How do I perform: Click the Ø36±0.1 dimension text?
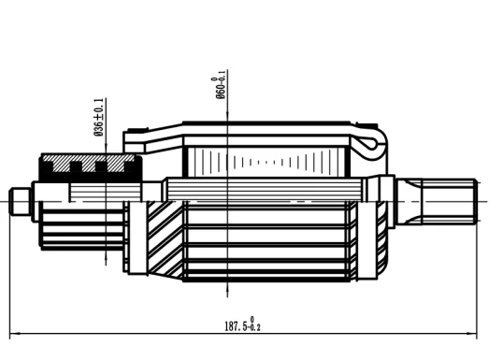[x=99, y=118]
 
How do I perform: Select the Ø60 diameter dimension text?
[x=221, y=85]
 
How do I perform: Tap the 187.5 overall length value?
[x=236, y=326]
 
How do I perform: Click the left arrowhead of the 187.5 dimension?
[x=14, y=334]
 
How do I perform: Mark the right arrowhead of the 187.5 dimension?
[x=472, y=334]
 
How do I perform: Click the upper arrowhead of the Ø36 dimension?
[x=106, y=149]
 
